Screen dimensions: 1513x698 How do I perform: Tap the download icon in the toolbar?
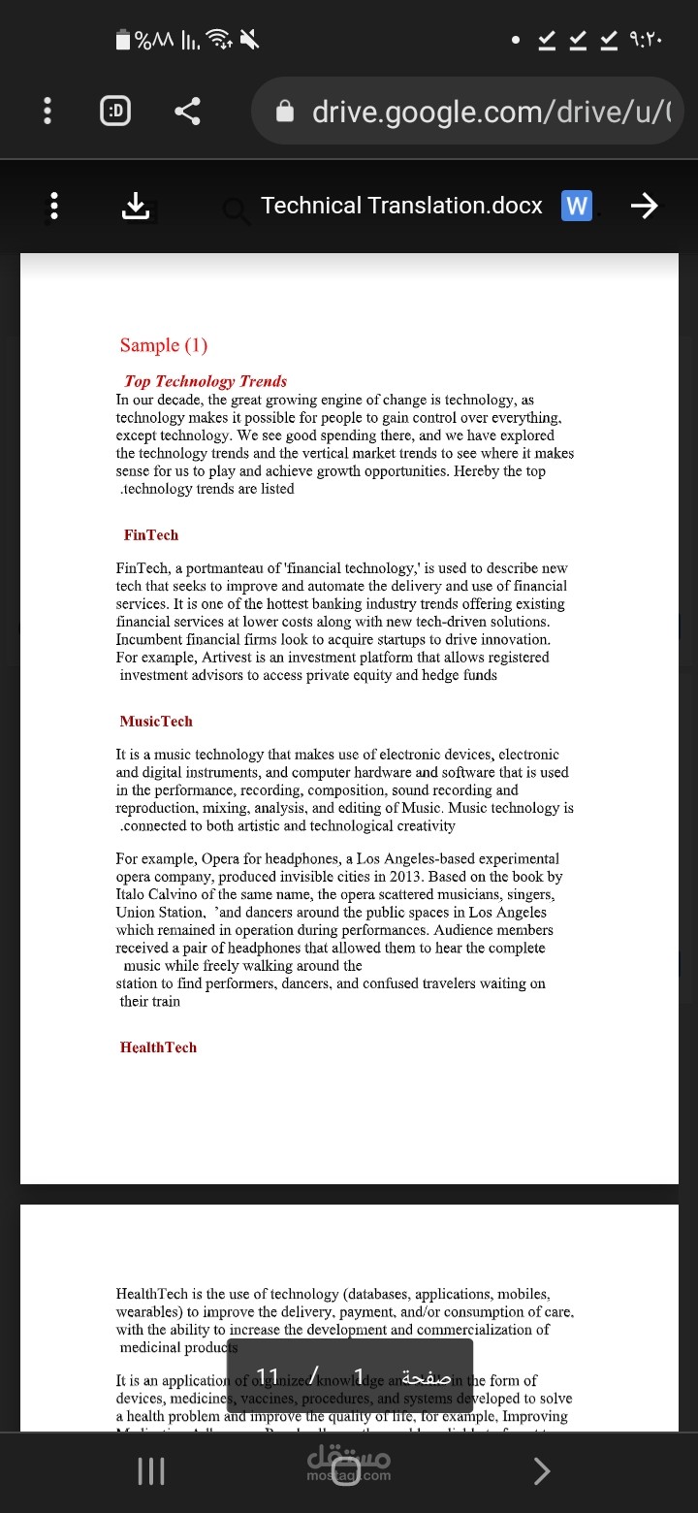click(136, 206)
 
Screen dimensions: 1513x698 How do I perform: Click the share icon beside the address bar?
click(187, 112)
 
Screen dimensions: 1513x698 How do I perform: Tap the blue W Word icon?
click(577, 206)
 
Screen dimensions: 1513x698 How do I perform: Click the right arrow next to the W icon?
click(644, 206)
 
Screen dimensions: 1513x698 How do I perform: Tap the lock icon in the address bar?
click(285, 113)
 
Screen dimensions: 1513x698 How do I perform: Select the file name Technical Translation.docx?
click(401, 206)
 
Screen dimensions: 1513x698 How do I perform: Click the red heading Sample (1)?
click(164, 345)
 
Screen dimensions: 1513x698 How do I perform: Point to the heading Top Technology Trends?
click(206, 381)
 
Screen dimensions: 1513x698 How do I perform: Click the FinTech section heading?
click(151, 535)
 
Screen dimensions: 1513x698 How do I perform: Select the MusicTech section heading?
click(156, 722)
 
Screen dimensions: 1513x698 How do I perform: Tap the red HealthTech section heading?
click(158, 1047)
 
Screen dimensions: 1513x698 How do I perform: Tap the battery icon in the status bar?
click(123, 40)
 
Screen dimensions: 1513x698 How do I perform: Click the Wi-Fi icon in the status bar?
click(221, 40)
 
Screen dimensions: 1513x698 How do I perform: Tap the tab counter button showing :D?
click(115, 112)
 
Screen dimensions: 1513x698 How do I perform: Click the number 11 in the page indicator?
click(269, 1377)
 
